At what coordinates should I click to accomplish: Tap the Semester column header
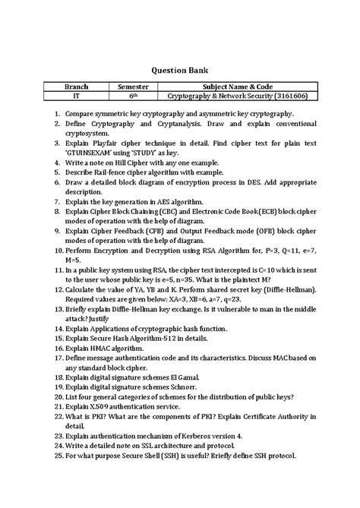coord(132,87)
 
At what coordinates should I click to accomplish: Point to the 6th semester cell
coord(132,97)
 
